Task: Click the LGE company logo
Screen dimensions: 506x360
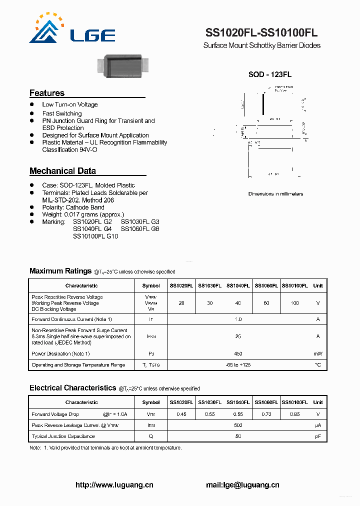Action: coord(72,29)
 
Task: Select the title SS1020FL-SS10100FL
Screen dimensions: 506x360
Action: coord(261,33)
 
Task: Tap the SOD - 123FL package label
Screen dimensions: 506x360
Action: coord(270,74)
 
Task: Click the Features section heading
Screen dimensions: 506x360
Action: coord(47,93)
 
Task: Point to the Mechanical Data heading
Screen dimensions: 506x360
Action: coord(62,171)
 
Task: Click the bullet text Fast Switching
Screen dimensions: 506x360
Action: coord(61,113)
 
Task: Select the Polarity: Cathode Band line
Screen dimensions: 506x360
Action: coord(73,207)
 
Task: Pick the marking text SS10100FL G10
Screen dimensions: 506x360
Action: coord(95,236)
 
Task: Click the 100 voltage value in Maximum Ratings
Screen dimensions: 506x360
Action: coord(294,303)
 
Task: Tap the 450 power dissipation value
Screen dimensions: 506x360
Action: coord(238,353)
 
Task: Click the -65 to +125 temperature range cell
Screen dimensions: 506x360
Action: coord(238,365)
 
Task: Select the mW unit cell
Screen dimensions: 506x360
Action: coord(318,353)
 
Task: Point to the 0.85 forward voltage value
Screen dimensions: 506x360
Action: coord(294,414)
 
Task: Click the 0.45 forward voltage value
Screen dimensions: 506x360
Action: coord(181,414)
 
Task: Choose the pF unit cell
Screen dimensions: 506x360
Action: coord(318,436)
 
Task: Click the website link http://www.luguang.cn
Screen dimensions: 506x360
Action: coord(114,484)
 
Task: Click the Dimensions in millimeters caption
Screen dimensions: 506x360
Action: coord(275,194)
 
